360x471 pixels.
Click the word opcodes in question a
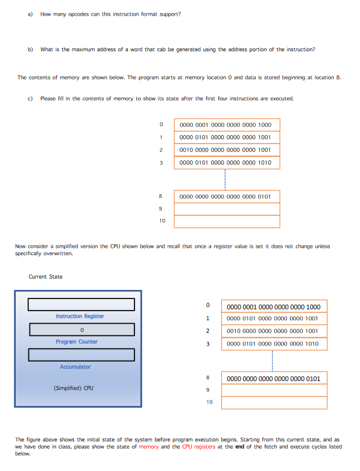(x=81, y=14)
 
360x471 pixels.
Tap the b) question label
(x=30, y=49)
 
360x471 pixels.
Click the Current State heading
(x=45, y=277)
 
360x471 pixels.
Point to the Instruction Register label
(x=80, y=316)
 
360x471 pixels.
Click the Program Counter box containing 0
(x=81, y=330)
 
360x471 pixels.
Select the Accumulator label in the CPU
(x=75, y=367)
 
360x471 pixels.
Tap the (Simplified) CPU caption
(x=73, y=388)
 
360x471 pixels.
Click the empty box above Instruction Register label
(x=81, y=305)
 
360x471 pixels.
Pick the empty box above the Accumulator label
(x=81, y=355)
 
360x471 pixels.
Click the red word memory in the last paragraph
(x=149, y=447)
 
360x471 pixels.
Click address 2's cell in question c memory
(x=226, y=150)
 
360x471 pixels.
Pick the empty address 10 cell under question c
(x=226, y=221)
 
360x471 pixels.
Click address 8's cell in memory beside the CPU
(x=274, y=379)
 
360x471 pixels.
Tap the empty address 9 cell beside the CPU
(x=274, y=391)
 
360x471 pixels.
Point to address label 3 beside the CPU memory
(x=207, y=344)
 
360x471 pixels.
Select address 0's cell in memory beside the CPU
(x=274, y=306)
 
